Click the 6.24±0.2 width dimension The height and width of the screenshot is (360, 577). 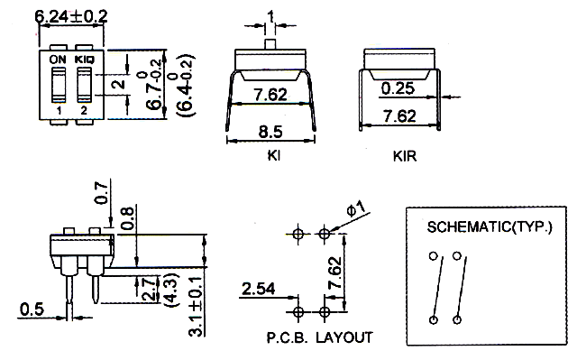[71, 16]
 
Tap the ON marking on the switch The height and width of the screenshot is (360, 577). [58, 60]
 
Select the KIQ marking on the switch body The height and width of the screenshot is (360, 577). [85, 60]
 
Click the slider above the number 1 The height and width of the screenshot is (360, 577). [58, 85]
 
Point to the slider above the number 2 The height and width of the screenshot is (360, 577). [84, 85]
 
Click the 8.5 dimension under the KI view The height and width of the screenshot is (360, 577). [270, 132]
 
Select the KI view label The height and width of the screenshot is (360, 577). [274, 155]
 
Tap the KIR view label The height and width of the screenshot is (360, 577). [405, 156]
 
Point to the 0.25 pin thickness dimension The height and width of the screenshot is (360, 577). [398, 88]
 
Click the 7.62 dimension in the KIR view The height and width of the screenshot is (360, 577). [399, 116]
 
